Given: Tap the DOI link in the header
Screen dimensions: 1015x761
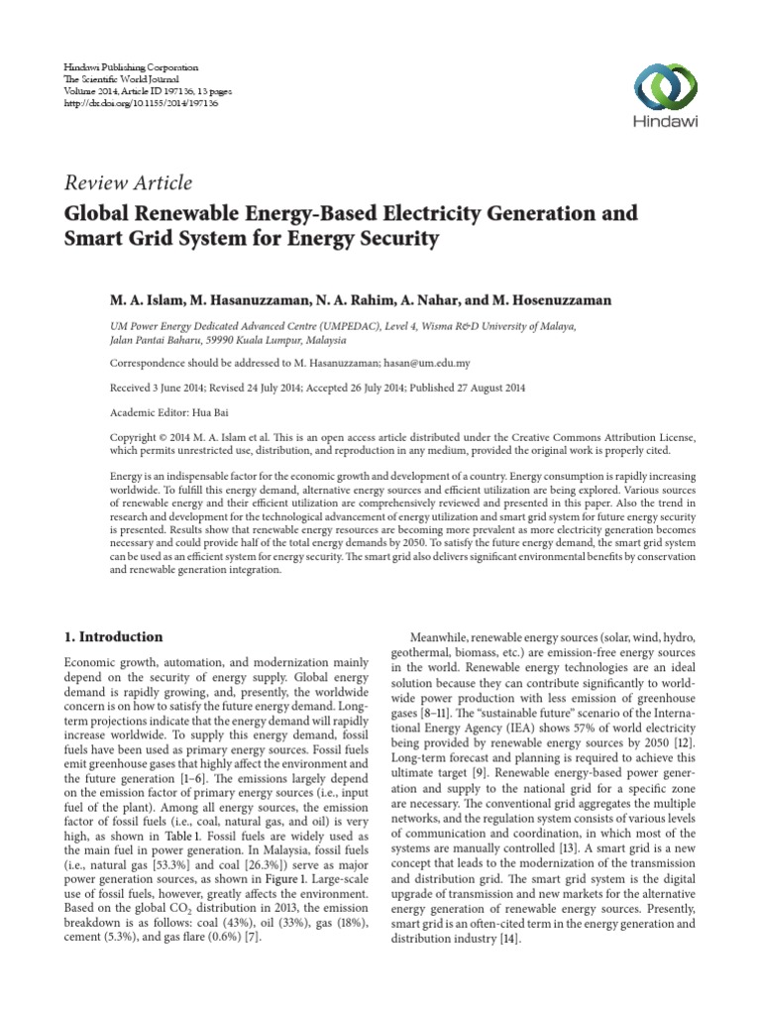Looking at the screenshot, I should click(129, 102).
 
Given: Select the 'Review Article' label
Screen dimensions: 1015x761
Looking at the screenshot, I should click(128, 182).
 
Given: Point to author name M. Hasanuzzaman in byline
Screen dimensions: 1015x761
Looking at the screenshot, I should click(253, 298).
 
